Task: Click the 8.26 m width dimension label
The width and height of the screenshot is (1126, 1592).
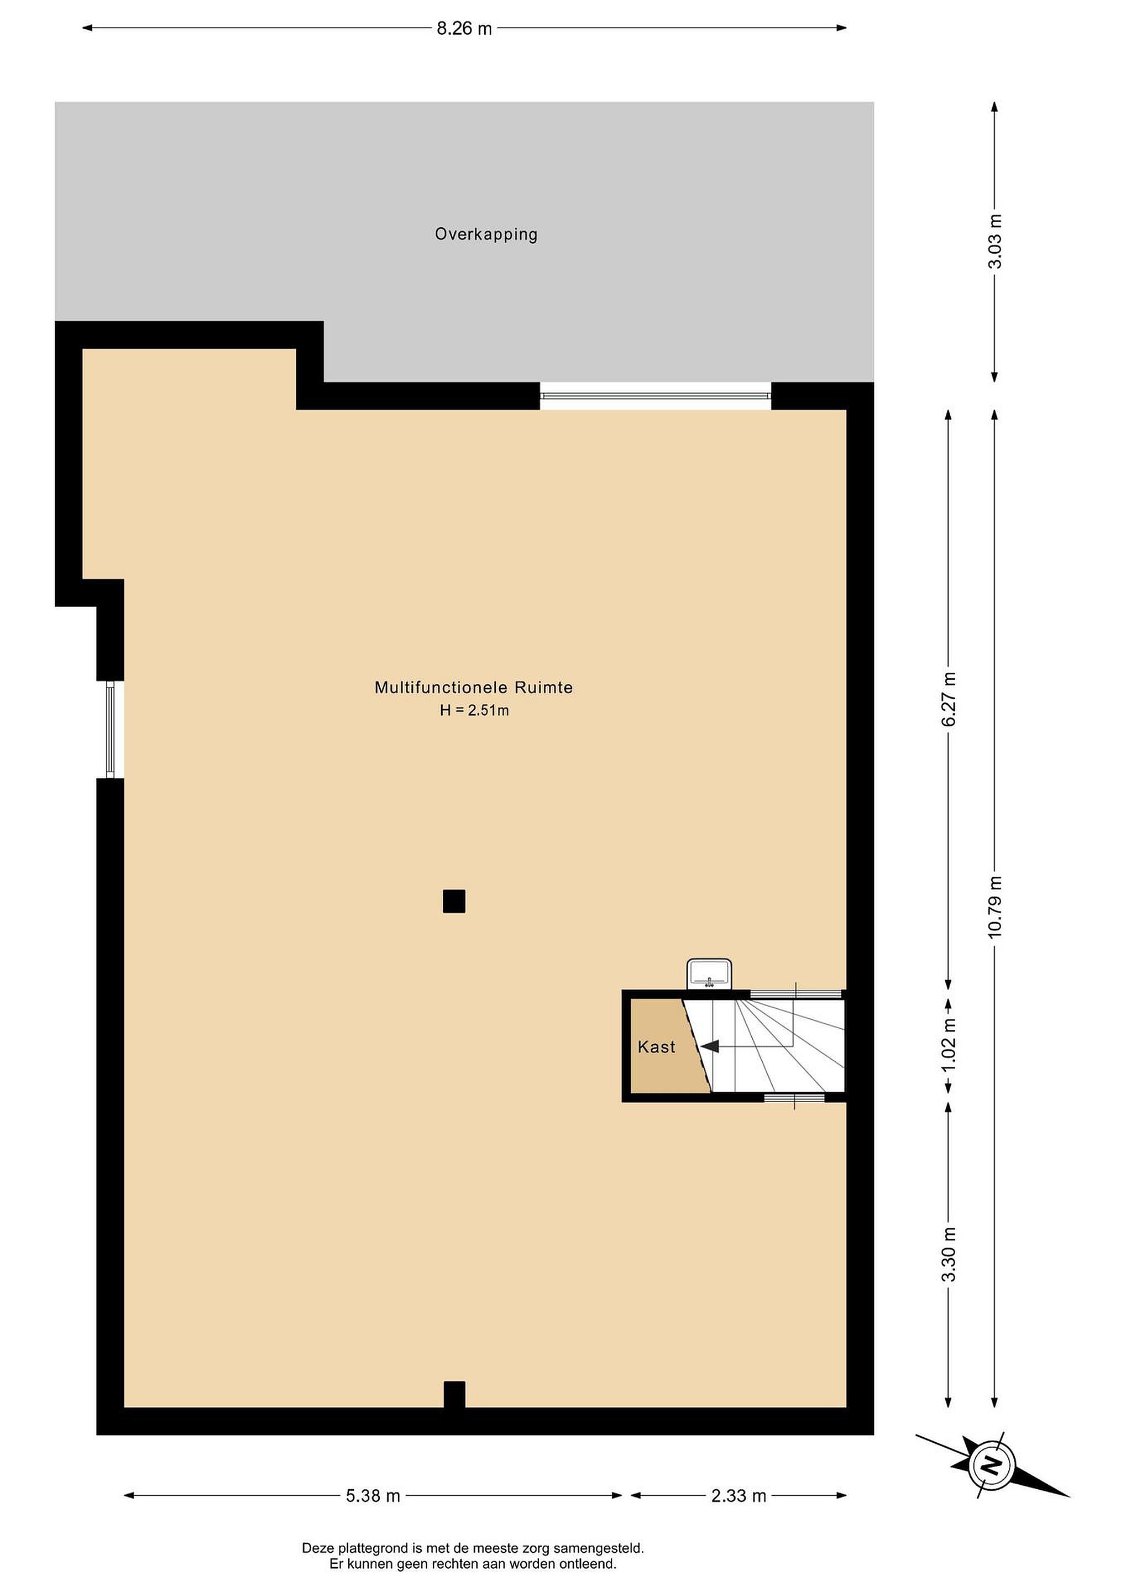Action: coord(464,28)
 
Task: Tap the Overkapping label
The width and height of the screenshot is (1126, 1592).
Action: coord(486,234)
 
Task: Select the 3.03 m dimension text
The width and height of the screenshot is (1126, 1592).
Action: coord(995,242)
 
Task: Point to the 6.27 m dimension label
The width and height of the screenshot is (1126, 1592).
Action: coord(949,698)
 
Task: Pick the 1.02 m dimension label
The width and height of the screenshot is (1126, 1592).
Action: coord(949,1044)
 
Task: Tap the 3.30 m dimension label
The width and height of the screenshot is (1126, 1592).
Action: coord(949,1254)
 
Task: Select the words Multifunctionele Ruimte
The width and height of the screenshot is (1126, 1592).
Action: coord(474,688)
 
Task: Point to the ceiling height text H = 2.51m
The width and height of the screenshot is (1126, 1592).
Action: coord(474,710)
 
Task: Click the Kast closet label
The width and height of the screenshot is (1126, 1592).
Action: coord(656,1047)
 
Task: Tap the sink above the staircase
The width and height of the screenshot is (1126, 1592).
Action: coord(709,973)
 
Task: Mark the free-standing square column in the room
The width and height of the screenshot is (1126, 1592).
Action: coord(454,902)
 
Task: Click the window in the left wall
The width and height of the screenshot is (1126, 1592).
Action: coord(110,730)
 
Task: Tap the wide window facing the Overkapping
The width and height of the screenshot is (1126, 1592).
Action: coord(655,396)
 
